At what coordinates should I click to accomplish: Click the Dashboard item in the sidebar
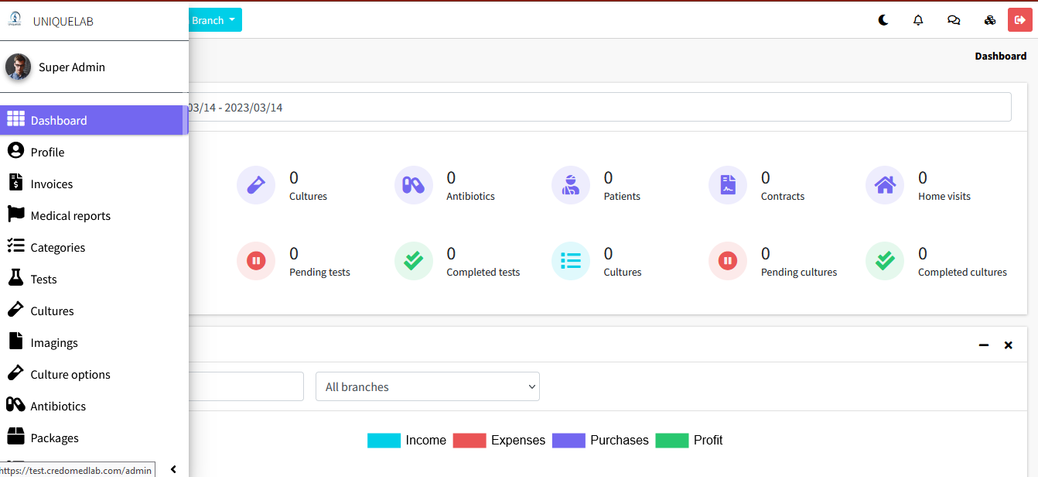pos(59,121)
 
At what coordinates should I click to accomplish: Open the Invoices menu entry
pos(52,184)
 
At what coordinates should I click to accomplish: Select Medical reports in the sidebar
pos(70,216)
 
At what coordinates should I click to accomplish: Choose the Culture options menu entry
pos(70,375)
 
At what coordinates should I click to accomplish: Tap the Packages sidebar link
pos(54,438)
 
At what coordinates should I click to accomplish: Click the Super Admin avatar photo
pos(19,67)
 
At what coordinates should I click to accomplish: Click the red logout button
pos(1019,20)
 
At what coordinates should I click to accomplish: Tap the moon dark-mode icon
pos(883,20)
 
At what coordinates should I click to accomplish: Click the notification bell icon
pos(918,20)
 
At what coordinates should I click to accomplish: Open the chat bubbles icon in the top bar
pos(954,20)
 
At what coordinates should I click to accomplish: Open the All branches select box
pos(427,387)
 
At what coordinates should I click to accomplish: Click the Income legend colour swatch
pos(384,441)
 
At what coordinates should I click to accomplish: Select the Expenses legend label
pos(517,441)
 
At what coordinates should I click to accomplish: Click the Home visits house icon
pos(885,185)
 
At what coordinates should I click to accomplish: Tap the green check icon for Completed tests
pos(414,261)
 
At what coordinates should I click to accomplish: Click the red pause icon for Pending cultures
pos(728,261)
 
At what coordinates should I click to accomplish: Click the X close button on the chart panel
pos(1009,345)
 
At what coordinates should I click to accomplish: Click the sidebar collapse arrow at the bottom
pos(173,469)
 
